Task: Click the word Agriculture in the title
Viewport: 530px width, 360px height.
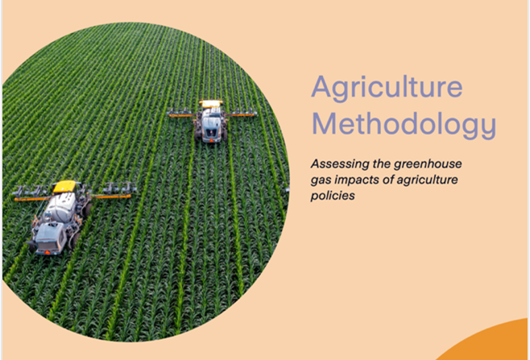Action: pos(387,88)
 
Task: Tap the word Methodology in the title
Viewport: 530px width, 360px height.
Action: pos(404,125)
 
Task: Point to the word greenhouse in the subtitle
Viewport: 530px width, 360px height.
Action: pos(428,164)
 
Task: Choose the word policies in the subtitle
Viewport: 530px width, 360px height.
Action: pos(333,196)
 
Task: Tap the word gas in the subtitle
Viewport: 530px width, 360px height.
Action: pos(321,181)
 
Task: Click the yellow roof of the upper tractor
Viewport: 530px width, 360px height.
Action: pos(211,103)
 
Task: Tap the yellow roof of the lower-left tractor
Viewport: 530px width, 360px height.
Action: pos(64,186)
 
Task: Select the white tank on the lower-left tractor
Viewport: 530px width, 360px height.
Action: pos(61,207)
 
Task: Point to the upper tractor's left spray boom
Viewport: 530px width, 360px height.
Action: pos(182,114)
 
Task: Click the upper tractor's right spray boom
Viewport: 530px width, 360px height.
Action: pos(242,114)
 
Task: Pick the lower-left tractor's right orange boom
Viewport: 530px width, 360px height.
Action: pos(111,196)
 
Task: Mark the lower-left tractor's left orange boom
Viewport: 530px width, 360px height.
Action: pos(32,199)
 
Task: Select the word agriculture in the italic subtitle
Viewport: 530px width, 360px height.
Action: pos(427,180)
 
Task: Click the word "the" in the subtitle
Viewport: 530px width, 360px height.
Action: pos(382,164)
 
